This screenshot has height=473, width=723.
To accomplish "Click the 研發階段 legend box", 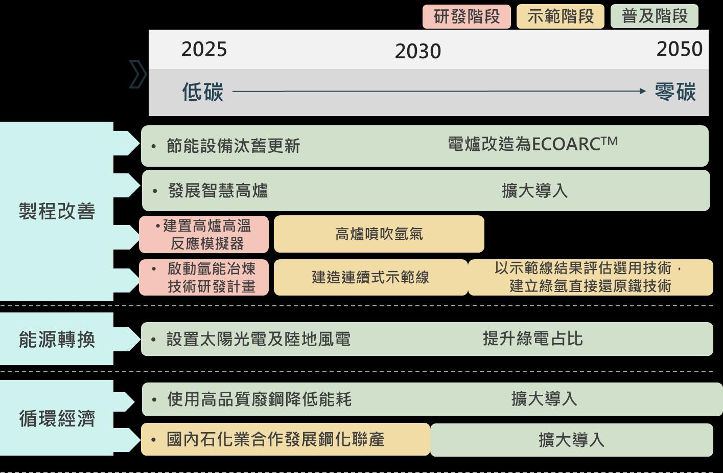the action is pos(467,16).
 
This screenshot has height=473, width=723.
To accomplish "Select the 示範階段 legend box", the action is pos(561,16).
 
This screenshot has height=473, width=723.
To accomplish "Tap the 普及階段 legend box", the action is pos(655,16).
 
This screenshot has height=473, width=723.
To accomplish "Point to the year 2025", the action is pos(204,49).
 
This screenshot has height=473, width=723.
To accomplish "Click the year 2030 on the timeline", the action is pos(417,51).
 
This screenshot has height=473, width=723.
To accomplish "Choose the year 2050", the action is pos(679,49).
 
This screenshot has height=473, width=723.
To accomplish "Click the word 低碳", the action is pos(203,92).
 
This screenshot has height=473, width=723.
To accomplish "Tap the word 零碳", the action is pos(675,92).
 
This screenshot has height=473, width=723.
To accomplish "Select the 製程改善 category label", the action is pos(57,211).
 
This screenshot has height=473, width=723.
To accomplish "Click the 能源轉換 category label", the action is pos(57,339).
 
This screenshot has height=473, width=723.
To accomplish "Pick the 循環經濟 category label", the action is pos(57,418).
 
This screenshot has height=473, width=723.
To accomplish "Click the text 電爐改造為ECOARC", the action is pos(532,144).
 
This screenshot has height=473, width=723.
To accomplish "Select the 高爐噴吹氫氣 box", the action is pos(379,234).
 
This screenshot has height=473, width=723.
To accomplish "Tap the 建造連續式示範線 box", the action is pos(370,277).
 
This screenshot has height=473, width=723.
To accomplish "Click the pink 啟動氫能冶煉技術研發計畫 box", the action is pos(204,277).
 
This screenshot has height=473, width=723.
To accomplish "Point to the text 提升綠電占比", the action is pos(532,339).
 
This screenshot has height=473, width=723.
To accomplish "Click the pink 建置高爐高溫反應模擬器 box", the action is pos(204,234).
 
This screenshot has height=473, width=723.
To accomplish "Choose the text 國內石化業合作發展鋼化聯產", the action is pos(275,439).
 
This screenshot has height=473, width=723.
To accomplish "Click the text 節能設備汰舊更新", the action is pos(233,146).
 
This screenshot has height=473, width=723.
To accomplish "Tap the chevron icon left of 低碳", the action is pos(137,74).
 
